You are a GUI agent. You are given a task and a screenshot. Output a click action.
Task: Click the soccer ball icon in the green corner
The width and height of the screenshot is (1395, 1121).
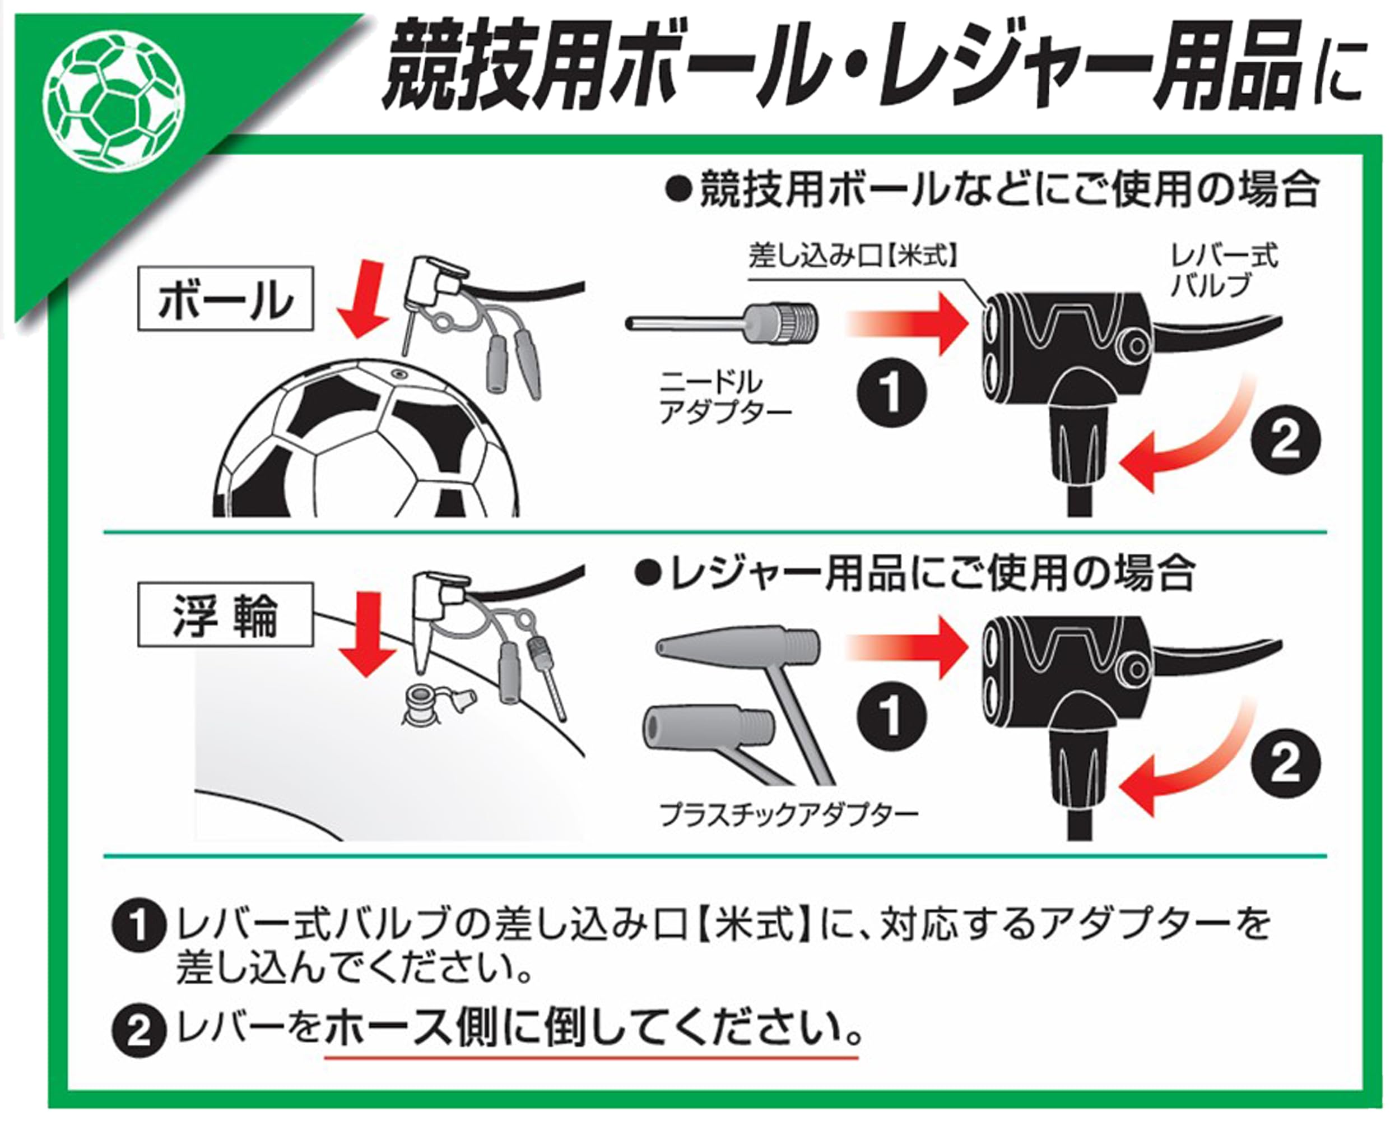pos(114,97)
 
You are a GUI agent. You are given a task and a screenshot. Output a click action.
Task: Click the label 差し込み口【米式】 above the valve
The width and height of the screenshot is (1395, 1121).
pos(853,256)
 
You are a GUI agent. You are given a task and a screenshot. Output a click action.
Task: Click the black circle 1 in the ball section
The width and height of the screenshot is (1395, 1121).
pos(891,393)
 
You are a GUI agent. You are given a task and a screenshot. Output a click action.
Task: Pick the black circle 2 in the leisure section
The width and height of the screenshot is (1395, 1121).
pos(1285,764)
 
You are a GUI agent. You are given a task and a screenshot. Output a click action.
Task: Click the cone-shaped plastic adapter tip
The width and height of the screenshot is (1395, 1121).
pos(736,645)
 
